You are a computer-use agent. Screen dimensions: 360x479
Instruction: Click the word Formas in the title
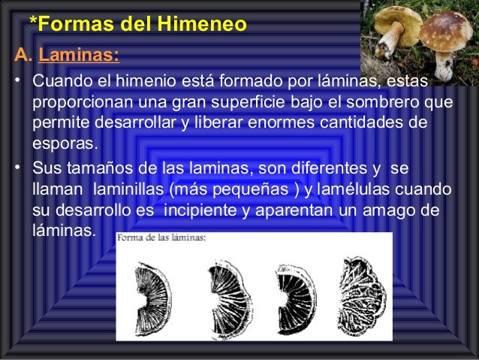pos(66,25)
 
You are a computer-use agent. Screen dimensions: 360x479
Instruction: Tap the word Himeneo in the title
pos(202,25)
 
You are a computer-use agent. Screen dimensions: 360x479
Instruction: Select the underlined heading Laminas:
pos(78,55)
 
